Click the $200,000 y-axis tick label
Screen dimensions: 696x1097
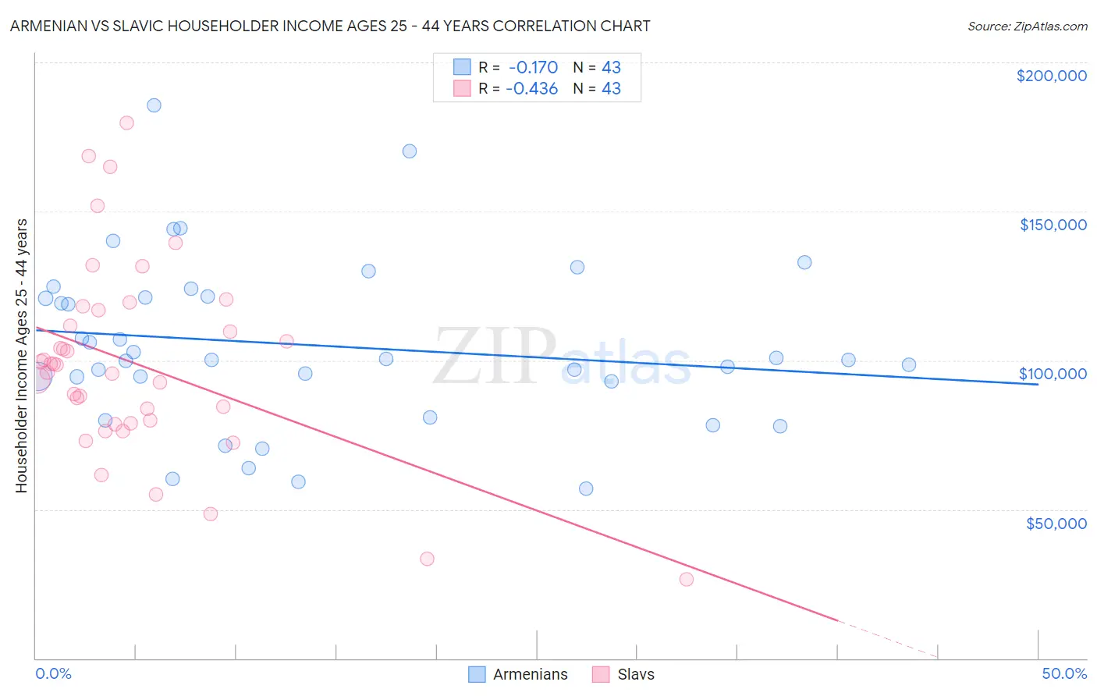1051,76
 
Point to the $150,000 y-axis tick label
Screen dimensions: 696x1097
1053,225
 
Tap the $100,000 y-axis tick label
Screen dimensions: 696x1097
1053,374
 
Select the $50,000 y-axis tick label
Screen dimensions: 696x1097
1056,523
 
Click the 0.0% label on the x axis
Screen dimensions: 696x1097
53,673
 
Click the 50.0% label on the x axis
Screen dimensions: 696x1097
1064,673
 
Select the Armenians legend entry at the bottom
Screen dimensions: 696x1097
519,674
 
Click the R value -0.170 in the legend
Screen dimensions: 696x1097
533,67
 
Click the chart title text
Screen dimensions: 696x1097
330,26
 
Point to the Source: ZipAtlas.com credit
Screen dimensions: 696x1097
1027,26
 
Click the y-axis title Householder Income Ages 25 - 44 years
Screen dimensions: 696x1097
21,355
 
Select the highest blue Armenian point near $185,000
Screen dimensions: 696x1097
154,105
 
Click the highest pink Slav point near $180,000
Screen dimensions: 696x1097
126,123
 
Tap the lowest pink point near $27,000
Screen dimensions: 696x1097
687,579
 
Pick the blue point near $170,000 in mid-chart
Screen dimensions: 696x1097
410,151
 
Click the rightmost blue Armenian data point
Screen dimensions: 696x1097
909,364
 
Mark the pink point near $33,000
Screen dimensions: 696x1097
427,559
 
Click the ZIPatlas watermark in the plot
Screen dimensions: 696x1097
562,357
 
